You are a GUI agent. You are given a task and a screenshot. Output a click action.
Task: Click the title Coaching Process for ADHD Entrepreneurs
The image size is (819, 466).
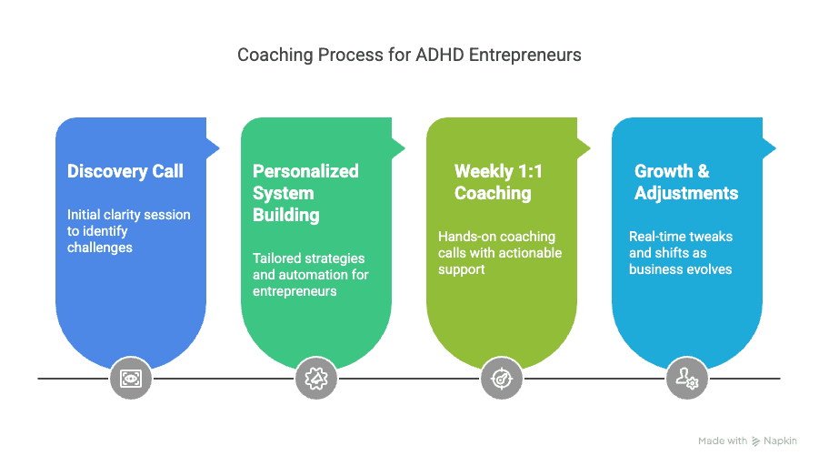coord(409,55)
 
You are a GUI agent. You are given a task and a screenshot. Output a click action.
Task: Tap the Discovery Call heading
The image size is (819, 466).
coord(125,171)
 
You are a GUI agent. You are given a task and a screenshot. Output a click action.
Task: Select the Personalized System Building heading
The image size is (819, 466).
coord(305,193)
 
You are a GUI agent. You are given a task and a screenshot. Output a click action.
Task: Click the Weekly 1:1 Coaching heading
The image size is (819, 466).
coord(497,182)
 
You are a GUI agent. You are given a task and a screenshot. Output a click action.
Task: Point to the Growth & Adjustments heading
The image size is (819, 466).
coord(685,182)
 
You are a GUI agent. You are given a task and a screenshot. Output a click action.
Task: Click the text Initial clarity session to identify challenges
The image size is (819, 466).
coord(128,231)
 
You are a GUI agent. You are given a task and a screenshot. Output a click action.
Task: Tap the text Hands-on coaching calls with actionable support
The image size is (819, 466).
coord(500,253)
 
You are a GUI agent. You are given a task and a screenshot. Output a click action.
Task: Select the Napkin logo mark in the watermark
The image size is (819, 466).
coord(756,441)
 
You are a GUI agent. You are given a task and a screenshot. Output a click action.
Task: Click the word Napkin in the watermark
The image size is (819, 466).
coord(781,441)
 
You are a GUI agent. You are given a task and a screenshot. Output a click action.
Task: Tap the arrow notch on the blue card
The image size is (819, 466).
coord(213,147)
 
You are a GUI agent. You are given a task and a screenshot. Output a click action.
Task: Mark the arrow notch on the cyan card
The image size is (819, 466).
coord(769,147)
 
